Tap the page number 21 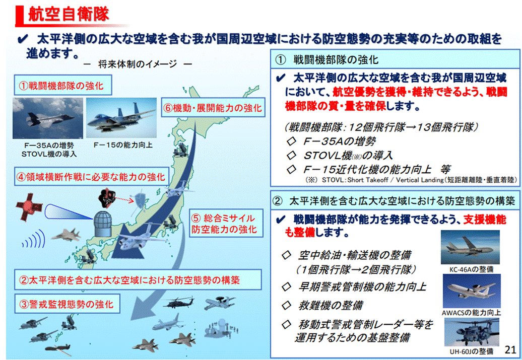pyautogui.click(x=510, y=349)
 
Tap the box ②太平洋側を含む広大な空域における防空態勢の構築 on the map pyautogui.click(x=136, y=279)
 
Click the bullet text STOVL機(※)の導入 pyautogui.click(x=348, y=155)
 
